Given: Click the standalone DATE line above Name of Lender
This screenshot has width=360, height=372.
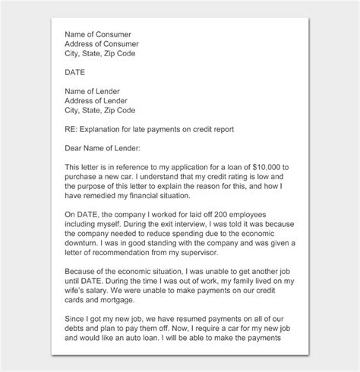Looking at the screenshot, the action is click(76, 72).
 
